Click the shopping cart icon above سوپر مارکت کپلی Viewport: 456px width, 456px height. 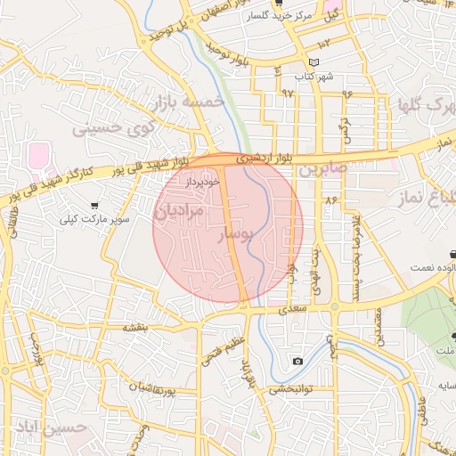94,206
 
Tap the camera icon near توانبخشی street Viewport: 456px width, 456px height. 297,361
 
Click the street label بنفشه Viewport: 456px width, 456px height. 134,327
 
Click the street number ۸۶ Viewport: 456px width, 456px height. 332,201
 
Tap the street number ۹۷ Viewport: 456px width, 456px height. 286,93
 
